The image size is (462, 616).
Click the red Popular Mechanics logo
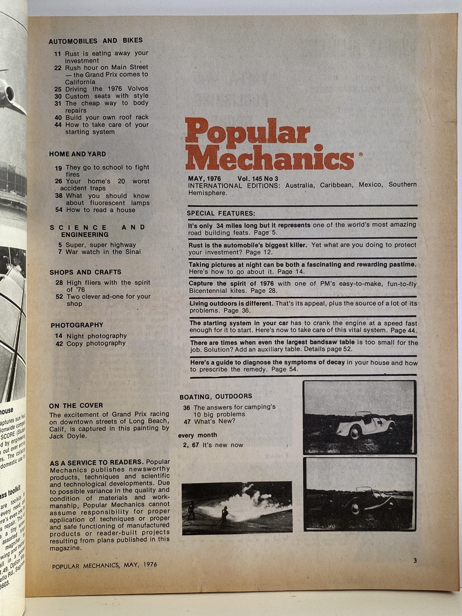coord(269,144)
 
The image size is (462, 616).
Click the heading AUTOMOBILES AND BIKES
coord(95,41)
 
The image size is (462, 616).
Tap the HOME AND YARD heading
coord(77,154)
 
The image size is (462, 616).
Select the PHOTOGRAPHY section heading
coord(77,325)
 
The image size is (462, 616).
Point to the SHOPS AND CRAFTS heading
coord(85,272)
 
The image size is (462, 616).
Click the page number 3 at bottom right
coord(415,561)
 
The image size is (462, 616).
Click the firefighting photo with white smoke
coord(237,508)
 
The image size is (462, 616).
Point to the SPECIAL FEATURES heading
coord(221,213)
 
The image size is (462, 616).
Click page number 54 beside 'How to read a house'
coord(58,210)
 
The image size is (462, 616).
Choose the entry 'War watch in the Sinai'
coord(103,252)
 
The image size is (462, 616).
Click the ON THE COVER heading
coord(76,405)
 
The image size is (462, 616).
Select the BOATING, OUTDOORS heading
coord(215,397)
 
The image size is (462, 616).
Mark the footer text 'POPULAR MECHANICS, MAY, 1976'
coord(104,565)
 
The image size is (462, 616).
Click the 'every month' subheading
coord(197,435)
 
